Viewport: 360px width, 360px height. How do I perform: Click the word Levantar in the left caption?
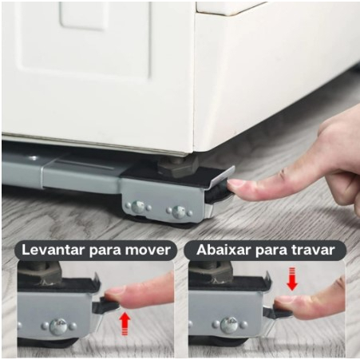point(53,250)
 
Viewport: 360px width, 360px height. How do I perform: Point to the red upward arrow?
point(125,323)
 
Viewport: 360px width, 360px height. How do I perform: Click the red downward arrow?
point(292,279)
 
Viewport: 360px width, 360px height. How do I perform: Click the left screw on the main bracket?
point(138,207)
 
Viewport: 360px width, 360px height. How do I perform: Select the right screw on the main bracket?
point(179,212)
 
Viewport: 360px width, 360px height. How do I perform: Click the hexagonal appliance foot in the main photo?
point(177,167)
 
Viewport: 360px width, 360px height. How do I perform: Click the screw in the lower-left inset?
point(58,326)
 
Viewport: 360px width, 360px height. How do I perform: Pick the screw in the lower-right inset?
point(228,326)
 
